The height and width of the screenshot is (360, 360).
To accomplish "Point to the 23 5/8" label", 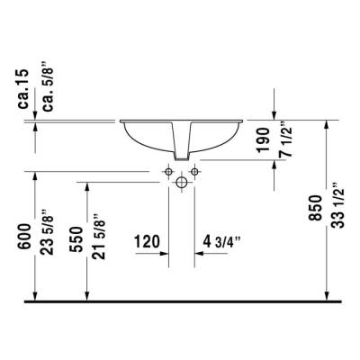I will click(33, 232).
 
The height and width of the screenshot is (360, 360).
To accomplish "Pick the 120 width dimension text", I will click(147, 241).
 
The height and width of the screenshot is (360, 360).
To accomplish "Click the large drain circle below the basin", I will click(182, 183).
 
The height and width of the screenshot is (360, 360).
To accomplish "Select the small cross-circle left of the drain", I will click(168, 169).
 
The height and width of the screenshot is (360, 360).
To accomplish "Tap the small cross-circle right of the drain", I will click(195, 169).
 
